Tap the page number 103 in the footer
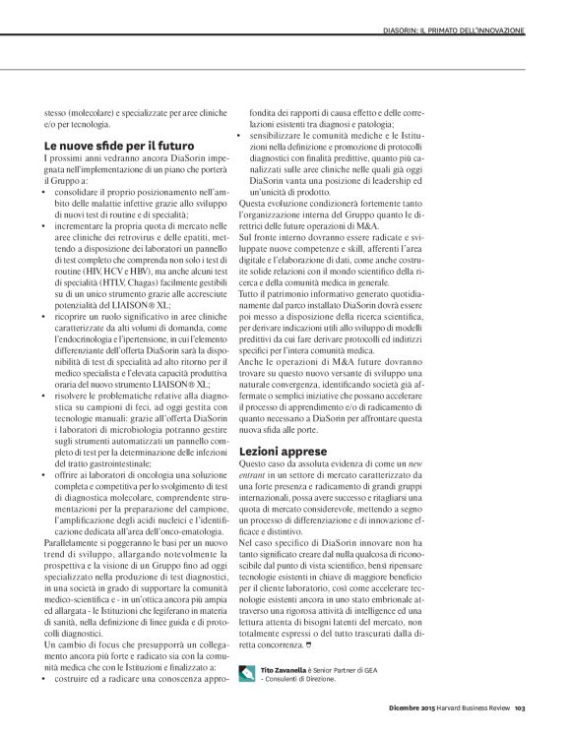(521, 705)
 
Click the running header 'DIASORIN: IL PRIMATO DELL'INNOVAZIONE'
(454, 31)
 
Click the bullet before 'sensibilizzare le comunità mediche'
(242, 134)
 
